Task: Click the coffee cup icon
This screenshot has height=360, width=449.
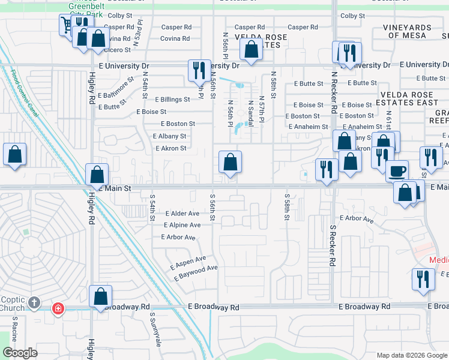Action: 396,171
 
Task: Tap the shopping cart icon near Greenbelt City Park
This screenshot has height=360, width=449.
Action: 66,25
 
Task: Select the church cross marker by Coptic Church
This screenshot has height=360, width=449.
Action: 35,303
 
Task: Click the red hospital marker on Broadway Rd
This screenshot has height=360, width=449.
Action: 58,308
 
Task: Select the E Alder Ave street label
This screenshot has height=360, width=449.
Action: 181,214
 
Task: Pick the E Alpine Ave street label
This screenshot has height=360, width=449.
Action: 182,225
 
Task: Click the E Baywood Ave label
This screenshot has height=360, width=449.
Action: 196,273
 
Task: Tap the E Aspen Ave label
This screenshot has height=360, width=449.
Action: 188,262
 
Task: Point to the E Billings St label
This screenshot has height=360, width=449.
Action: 172,100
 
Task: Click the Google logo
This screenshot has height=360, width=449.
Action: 20,353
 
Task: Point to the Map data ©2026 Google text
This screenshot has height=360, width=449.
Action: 411,355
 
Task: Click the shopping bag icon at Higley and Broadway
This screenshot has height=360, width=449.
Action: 100,297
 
